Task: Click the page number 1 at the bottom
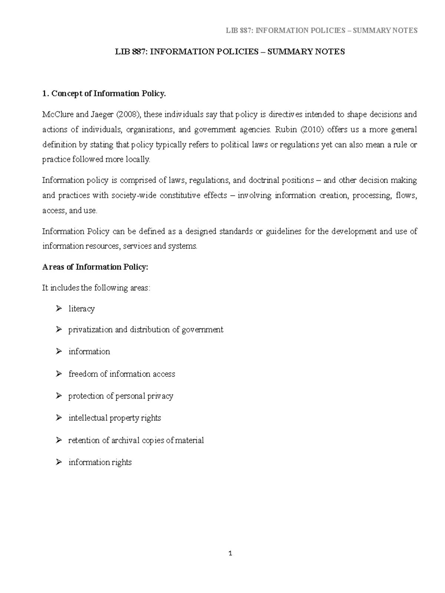point(230,554)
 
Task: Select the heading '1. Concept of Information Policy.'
point(104,94)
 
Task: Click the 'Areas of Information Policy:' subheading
point(95,267)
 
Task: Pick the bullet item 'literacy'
point(82,309)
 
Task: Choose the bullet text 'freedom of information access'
point(122,374)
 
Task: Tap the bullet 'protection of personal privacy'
point(121,396)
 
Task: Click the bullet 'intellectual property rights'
point(115,418)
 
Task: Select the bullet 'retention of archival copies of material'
point(136,440)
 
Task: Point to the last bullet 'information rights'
point(100,462)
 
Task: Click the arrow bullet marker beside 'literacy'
point(59,308)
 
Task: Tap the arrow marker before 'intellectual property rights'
point(59,418)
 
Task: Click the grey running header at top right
point(322,30)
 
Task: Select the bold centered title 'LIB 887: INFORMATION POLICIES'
point(230,52)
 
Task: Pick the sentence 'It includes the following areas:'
point(96,288)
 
